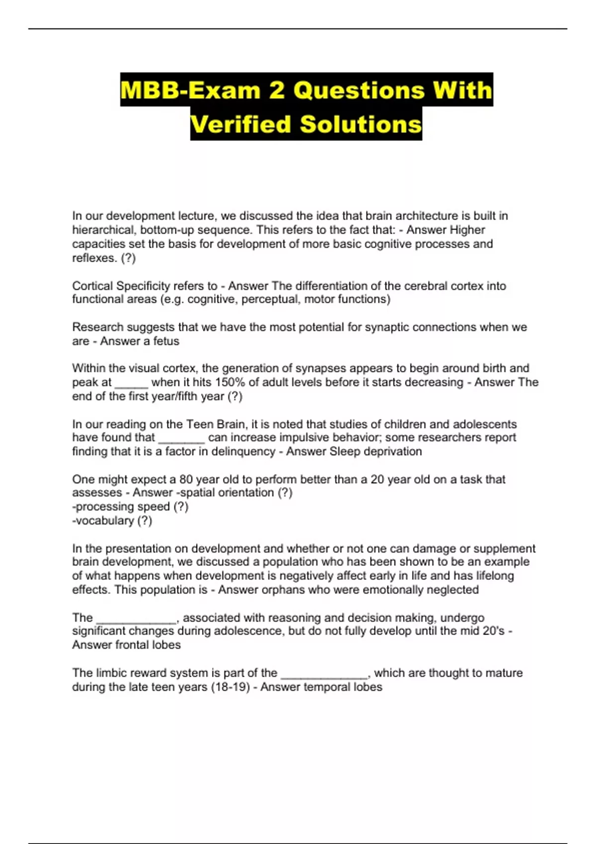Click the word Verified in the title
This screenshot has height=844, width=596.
[240, 124]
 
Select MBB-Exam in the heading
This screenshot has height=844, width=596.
[190, 90]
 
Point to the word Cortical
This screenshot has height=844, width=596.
[92, 286]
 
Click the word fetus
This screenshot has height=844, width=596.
[166, 341]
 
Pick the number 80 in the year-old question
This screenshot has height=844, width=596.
[186, 480]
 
